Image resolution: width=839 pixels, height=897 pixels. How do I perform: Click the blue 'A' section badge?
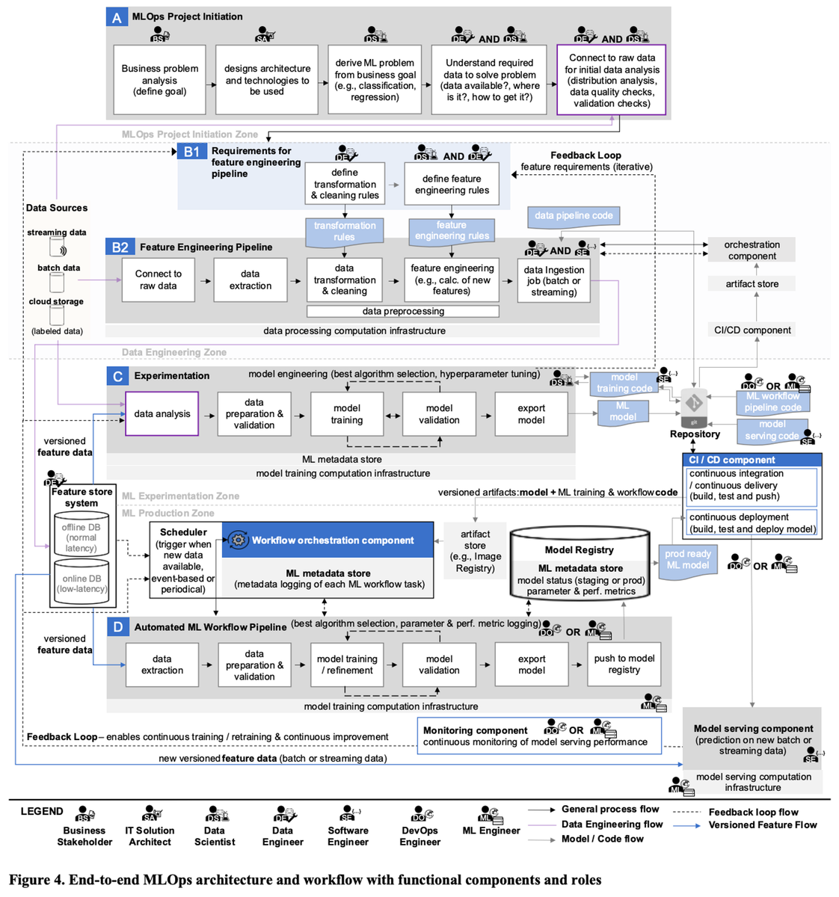point(117,17)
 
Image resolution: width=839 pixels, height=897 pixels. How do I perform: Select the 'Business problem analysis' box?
point(159,80)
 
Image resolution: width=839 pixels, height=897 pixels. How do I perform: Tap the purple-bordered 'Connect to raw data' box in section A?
point(611,80)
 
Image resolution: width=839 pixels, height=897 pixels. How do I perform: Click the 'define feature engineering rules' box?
point(451,184)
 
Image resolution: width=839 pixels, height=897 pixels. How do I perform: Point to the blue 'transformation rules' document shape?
point(344,231)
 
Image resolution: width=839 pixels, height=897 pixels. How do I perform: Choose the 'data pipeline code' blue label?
point(574,216)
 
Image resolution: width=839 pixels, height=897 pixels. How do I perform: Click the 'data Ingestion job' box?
point(553,281)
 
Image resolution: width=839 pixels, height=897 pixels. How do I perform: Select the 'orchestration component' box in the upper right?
point(752,250)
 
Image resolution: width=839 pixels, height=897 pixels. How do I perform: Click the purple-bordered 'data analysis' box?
point(162,413)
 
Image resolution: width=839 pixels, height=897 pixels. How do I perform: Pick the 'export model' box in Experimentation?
point(531,414)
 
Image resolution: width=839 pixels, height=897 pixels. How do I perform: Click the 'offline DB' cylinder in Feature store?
point(81,537)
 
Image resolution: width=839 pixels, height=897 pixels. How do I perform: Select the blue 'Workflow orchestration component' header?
point(328,540)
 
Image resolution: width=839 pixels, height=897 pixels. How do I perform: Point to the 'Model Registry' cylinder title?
point(578,549)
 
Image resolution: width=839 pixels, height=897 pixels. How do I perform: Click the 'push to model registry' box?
point(624,664)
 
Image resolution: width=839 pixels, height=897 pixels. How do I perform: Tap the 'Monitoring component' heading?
point(476,730)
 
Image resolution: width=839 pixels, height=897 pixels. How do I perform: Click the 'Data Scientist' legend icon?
point(216,813)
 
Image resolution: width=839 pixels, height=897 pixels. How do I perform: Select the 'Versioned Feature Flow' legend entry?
point(762,825)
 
